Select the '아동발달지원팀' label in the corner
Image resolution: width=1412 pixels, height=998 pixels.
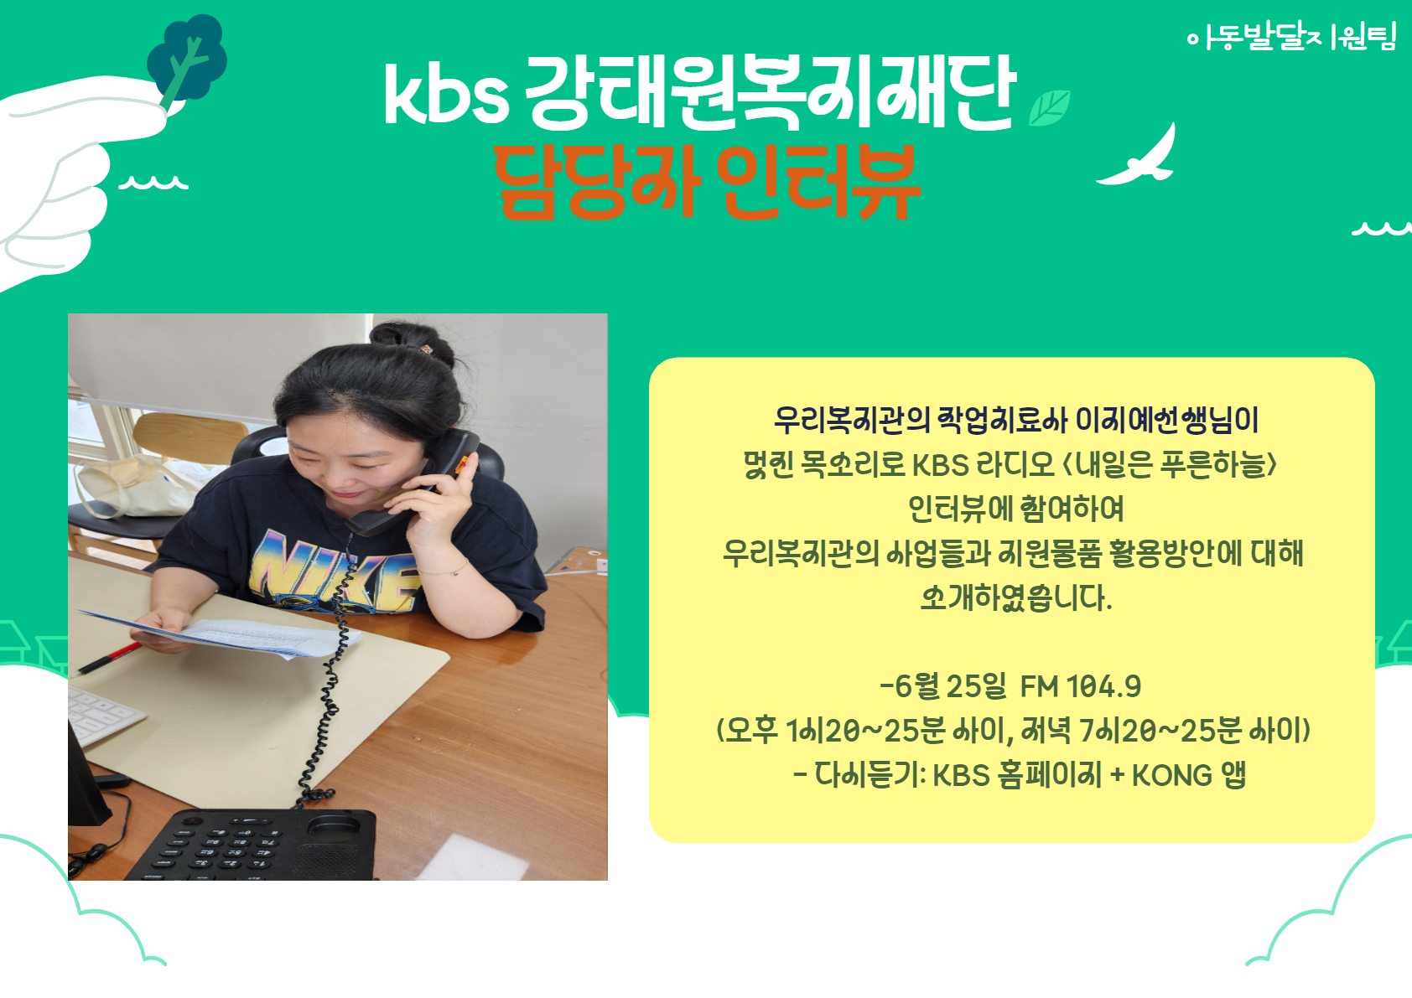point(1291,38)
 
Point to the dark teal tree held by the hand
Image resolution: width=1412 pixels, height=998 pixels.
point(187,59)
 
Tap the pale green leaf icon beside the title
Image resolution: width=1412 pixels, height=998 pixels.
point(1049,108)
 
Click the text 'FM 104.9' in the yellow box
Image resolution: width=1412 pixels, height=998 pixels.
point(1081,686)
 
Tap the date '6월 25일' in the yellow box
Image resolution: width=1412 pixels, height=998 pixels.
point(951,686)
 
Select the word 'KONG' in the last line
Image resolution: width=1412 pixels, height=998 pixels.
point(1172,776)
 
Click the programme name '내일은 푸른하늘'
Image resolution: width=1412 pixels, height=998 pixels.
point(1171,465)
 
